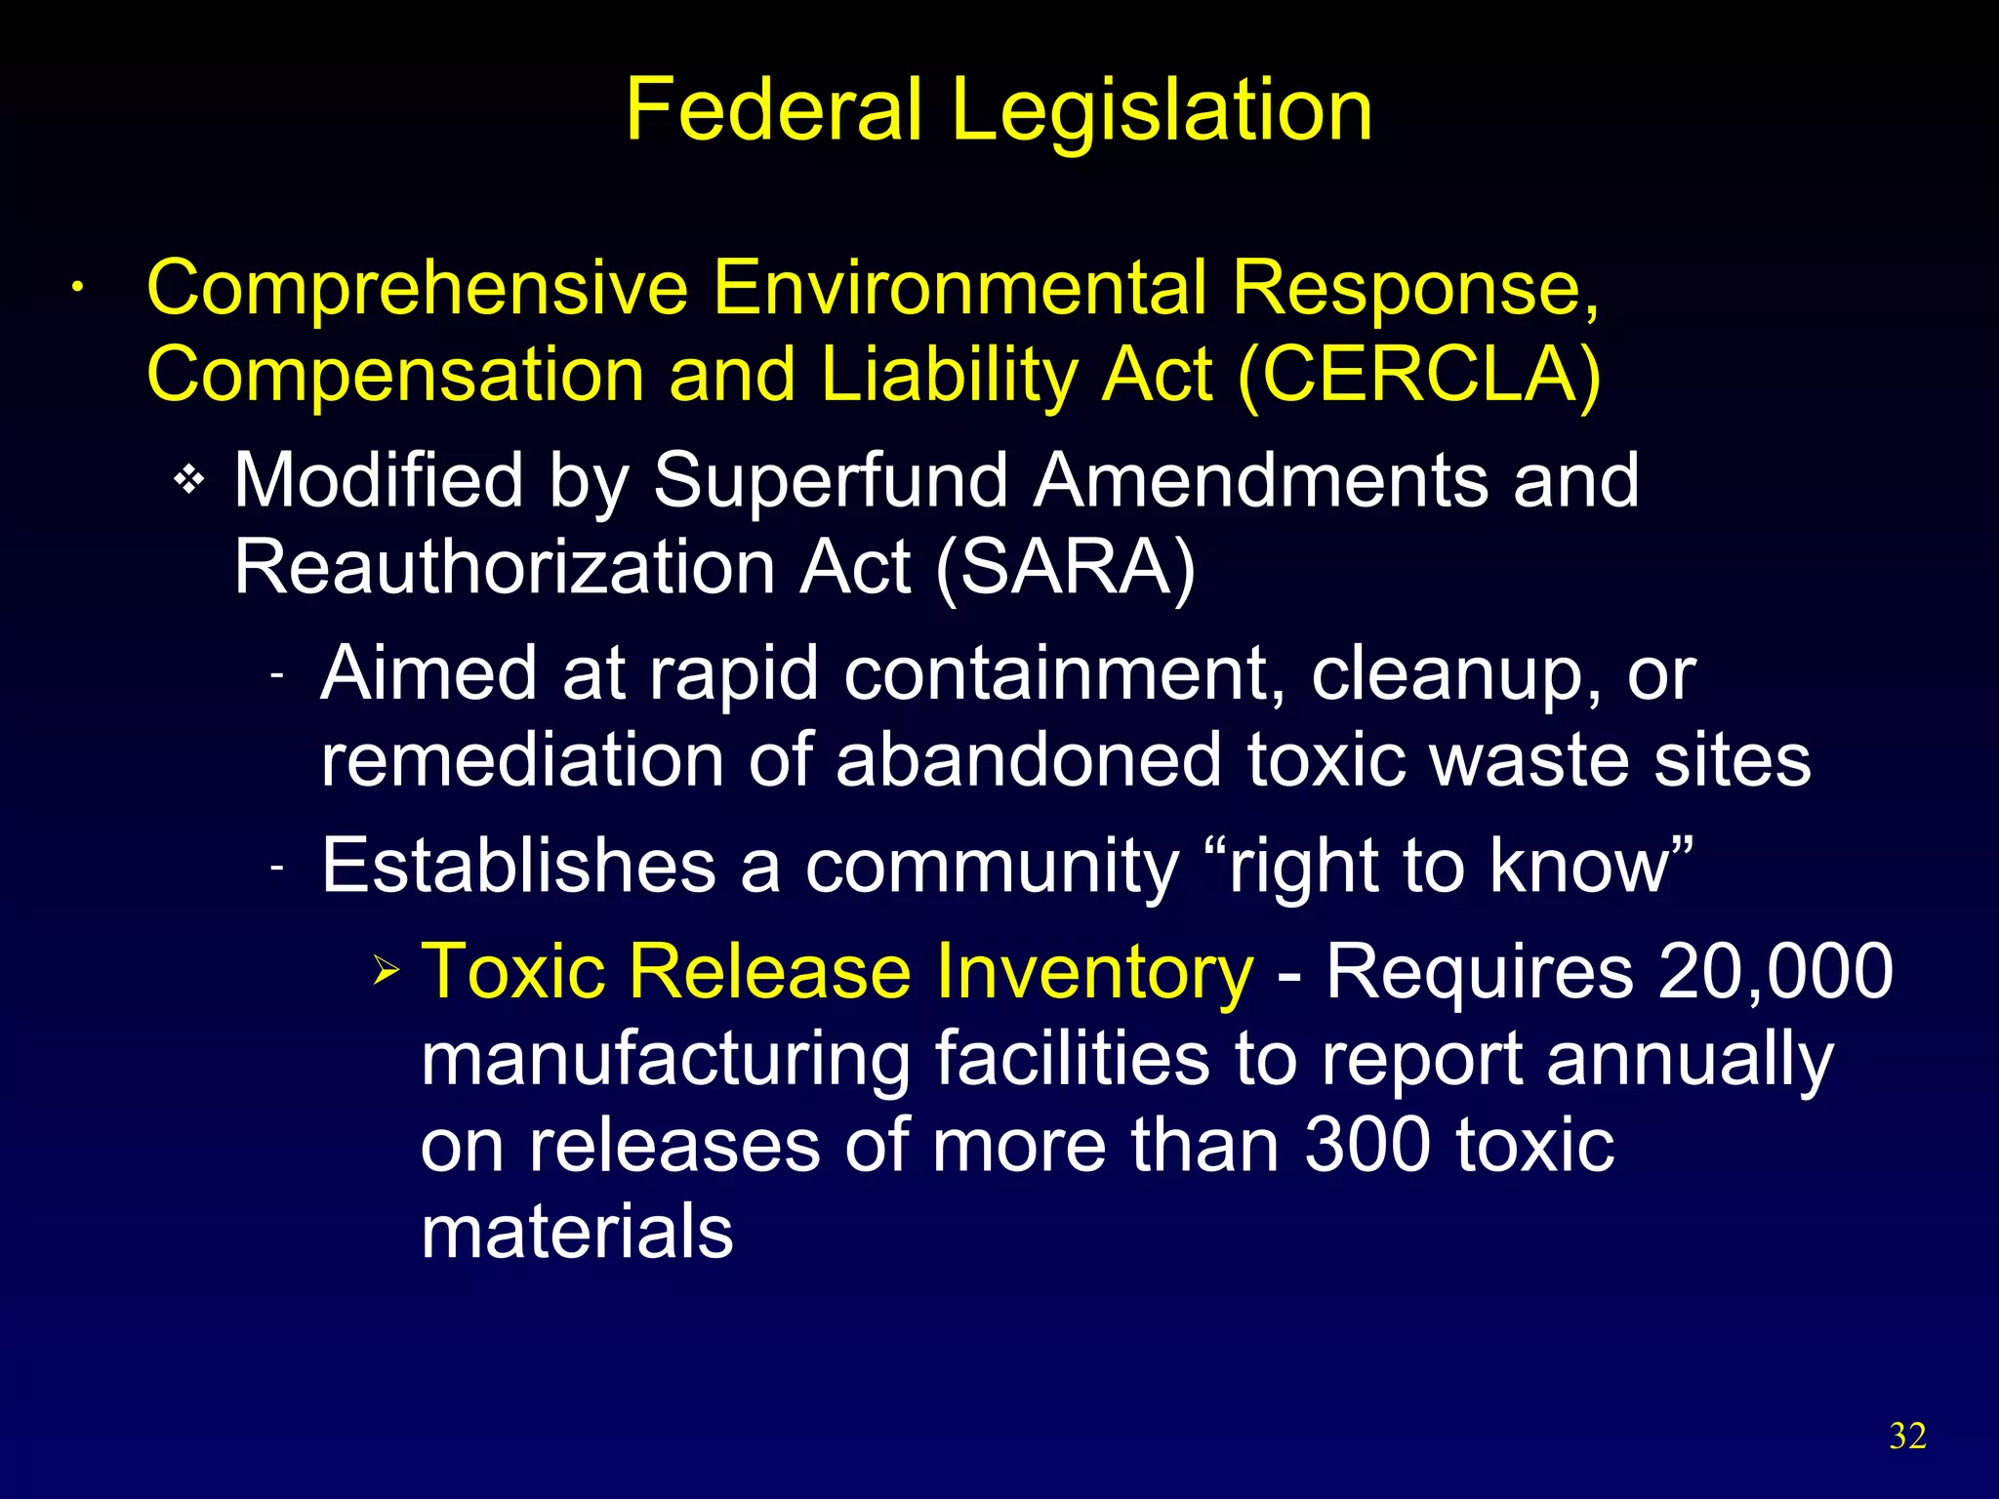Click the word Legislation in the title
pos(1162,111)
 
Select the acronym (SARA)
pos(1065,568)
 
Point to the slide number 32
pos(1907,1436)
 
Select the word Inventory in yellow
pos(1089,972)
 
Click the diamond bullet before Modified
pos(189,480)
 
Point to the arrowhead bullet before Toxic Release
pos(387,971)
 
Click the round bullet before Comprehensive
pos(76,289)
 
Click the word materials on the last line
pos(577,1232)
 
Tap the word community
pos(992,868)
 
